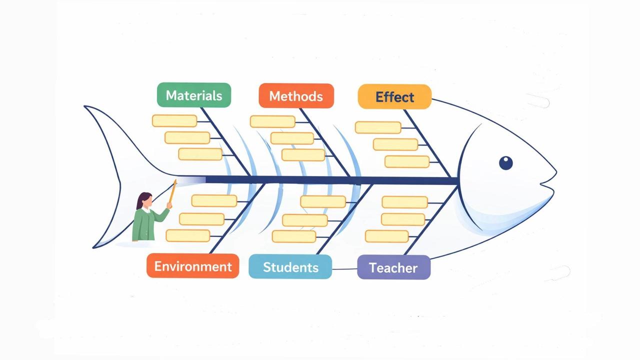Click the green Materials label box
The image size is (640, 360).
(x=194, y=95)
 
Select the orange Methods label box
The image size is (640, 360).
(x=296, y=96)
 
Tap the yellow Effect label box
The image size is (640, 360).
(x=394, y=97)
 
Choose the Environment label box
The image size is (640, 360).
(x=193, y=266)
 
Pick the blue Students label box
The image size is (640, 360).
(x=290, y=267)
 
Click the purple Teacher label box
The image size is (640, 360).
(x=393, y=267)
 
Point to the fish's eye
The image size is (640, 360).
(x=505, y=163)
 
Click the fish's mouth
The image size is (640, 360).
(x=547, y=183)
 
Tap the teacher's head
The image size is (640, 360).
(x=144, y=200)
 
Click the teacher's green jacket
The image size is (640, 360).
(x=147, y=224)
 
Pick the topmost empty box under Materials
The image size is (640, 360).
(x=174, y=121)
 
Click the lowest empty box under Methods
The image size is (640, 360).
(x=303, y=155)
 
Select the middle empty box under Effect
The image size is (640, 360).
(x=395, y=144)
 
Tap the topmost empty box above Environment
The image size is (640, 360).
(x=214, y=201)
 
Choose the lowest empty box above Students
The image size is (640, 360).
(x=294, y=236)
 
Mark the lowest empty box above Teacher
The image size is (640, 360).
(x=387, y=236)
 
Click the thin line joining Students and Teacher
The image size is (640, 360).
(x=345, y=269)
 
